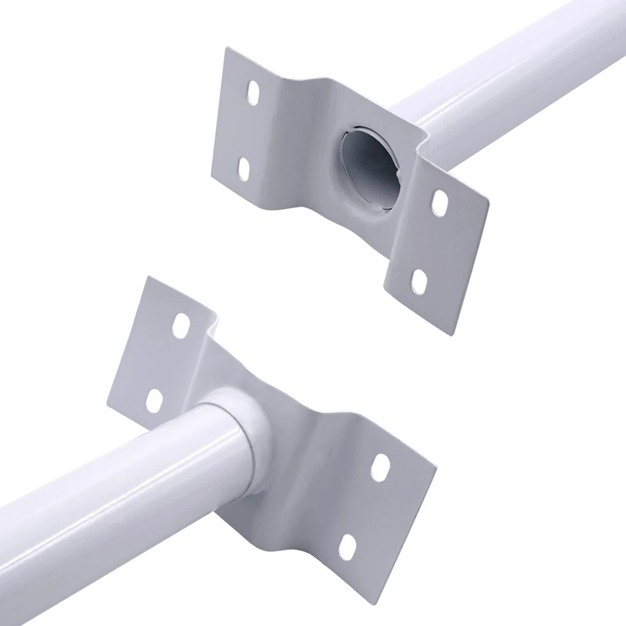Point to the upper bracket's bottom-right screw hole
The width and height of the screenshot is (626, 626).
click(x=419, y=282)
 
